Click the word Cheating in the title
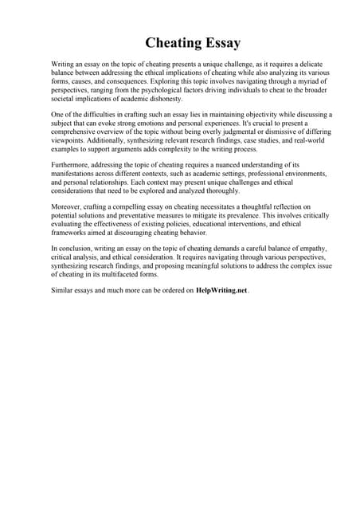[170, 43]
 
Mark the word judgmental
[209, 132]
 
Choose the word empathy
[308, 249]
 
